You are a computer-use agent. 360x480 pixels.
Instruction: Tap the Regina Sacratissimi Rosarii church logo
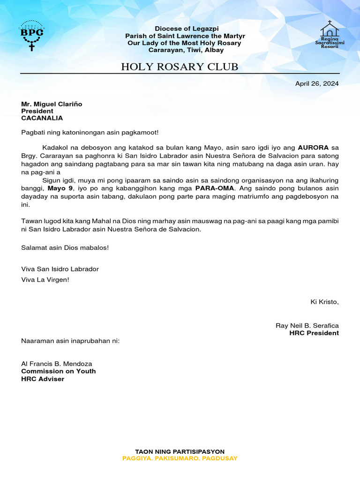330,35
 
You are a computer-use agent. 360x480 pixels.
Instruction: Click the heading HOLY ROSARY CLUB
180,67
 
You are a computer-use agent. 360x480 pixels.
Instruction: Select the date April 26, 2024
316,84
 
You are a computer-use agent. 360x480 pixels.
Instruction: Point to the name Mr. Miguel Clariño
52,104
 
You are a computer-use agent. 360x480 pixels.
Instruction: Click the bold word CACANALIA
42,118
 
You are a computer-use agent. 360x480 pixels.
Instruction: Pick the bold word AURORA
313,147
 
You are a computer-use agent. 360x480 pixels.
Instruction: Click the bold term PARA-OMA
214,188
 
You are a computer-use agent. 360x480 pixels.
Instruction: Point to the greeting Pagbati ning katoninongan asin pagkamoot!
90,133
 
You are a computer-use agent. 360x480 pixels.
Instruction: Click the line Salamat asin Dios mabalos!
65,247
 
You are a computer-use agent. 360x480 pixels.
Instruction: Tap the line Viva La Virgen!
45,279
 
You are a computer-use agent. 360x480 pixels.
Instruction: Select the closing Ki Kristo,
324,301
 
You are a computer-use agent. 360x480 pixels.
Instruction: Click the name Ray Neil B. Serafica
307,326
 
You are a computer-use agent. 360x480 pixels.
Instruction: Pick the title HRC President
314,333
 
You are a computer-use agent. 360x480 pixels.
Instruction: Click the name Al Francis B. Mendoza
57,364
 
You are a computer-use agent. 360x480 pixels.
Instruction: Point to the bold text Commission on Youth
59,371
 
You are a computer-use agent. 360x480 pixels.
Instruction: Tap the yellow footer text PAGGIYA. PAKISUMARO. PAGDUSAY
180,458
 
